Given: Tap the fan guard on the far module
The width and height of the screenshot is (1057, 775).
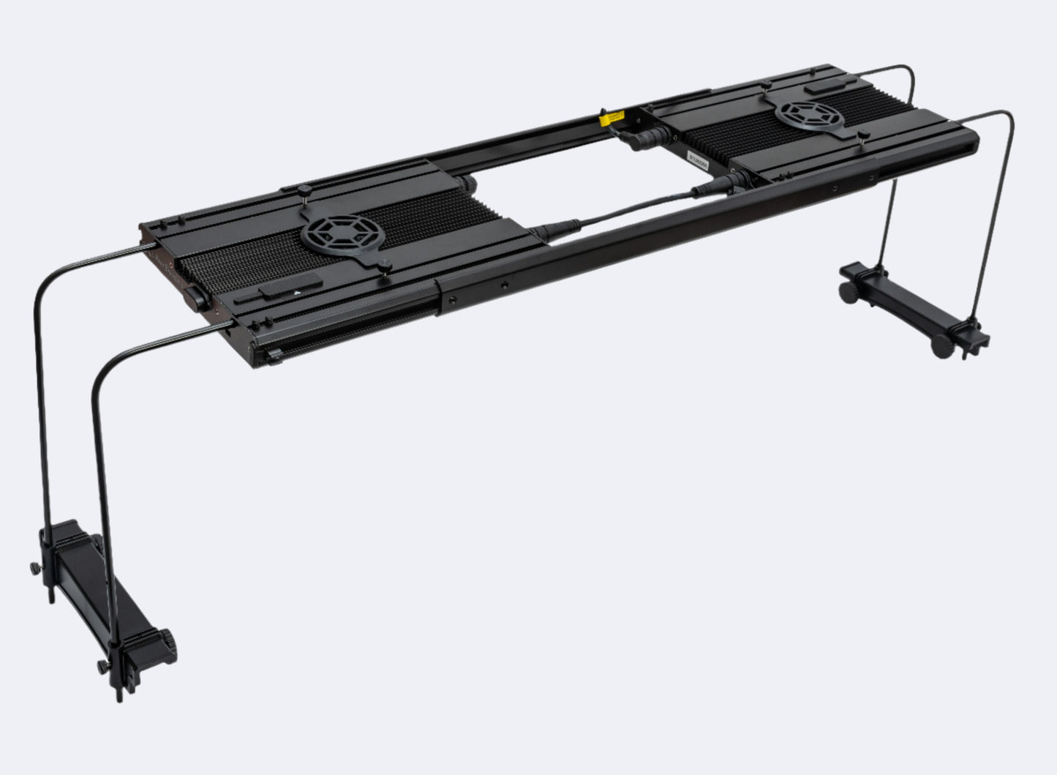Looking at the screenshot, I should click(810, 116).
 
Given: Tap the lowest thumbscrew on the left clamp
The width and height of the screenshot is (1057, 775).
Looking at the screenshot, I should click(101, 667).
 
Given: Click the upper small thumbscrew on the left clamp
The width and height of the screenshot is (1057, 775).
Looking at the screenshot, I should click(34, 568).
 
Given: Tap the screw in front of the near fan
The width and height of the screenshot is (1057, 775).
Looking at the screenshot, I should click(383, 264).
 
